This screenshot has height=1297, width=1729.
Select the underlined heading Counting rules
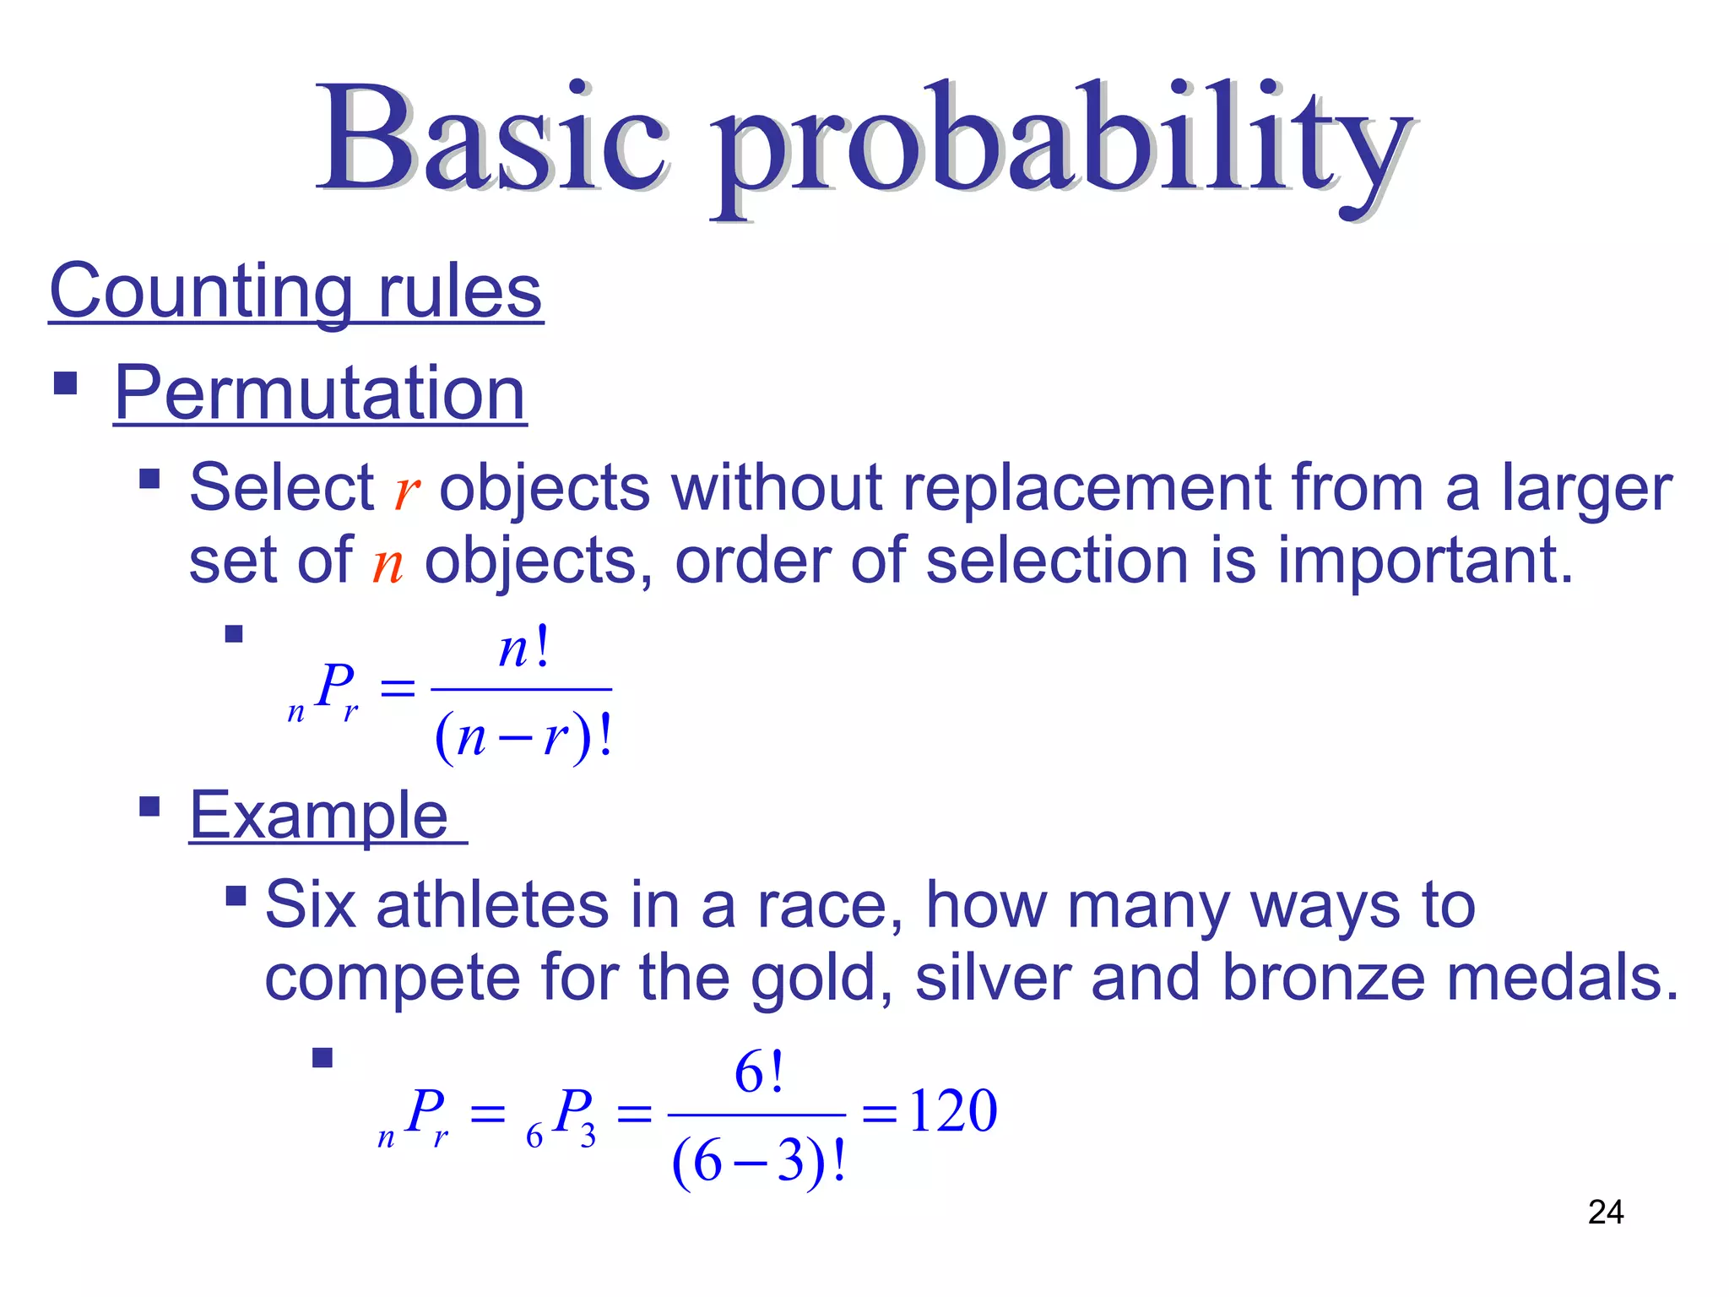[295, 291]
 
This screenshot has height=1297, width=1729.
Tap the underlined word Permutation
[320, 393]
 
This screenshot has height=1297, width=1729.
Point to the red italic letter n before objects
[388, 564]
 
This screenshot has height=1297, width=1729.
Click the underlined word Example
[319, 816]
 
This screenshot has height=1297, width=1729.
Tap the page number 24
[1605, 1213]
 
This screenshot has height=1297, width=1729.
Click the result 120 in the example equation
[953, 1111]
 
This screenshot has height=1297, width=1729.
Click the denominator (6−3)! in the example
[758, 1162]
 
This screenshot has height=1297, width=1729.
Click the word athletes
[491, 905]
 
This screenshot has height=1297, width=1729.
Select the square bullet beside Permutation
[65, 383]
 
